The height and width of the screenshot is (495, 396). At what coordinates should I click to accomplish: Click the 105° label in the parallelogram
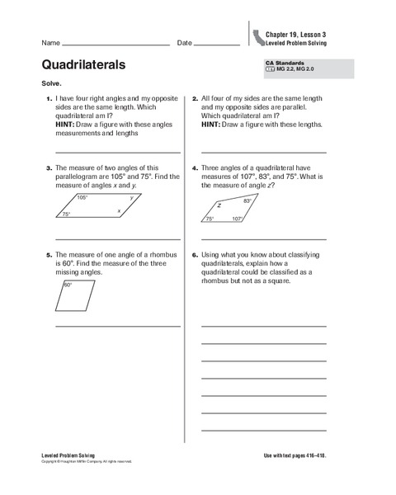pos(82,198)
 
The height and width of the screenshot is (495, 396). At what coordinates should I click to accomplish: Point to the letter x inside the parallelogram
pos(119,211)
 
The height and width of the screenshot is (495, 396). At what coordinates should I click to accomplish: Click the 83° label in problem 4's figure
pos(247,200)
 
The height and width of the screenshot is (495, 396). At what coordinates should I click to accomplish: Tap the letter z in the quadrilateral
pos(219,205)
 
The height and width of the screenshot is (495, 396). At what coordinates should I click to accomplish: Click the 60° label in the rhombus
pos(68,285)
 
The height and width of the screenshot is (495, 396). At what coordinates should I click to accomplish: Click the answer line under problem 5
pos(117,327)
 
